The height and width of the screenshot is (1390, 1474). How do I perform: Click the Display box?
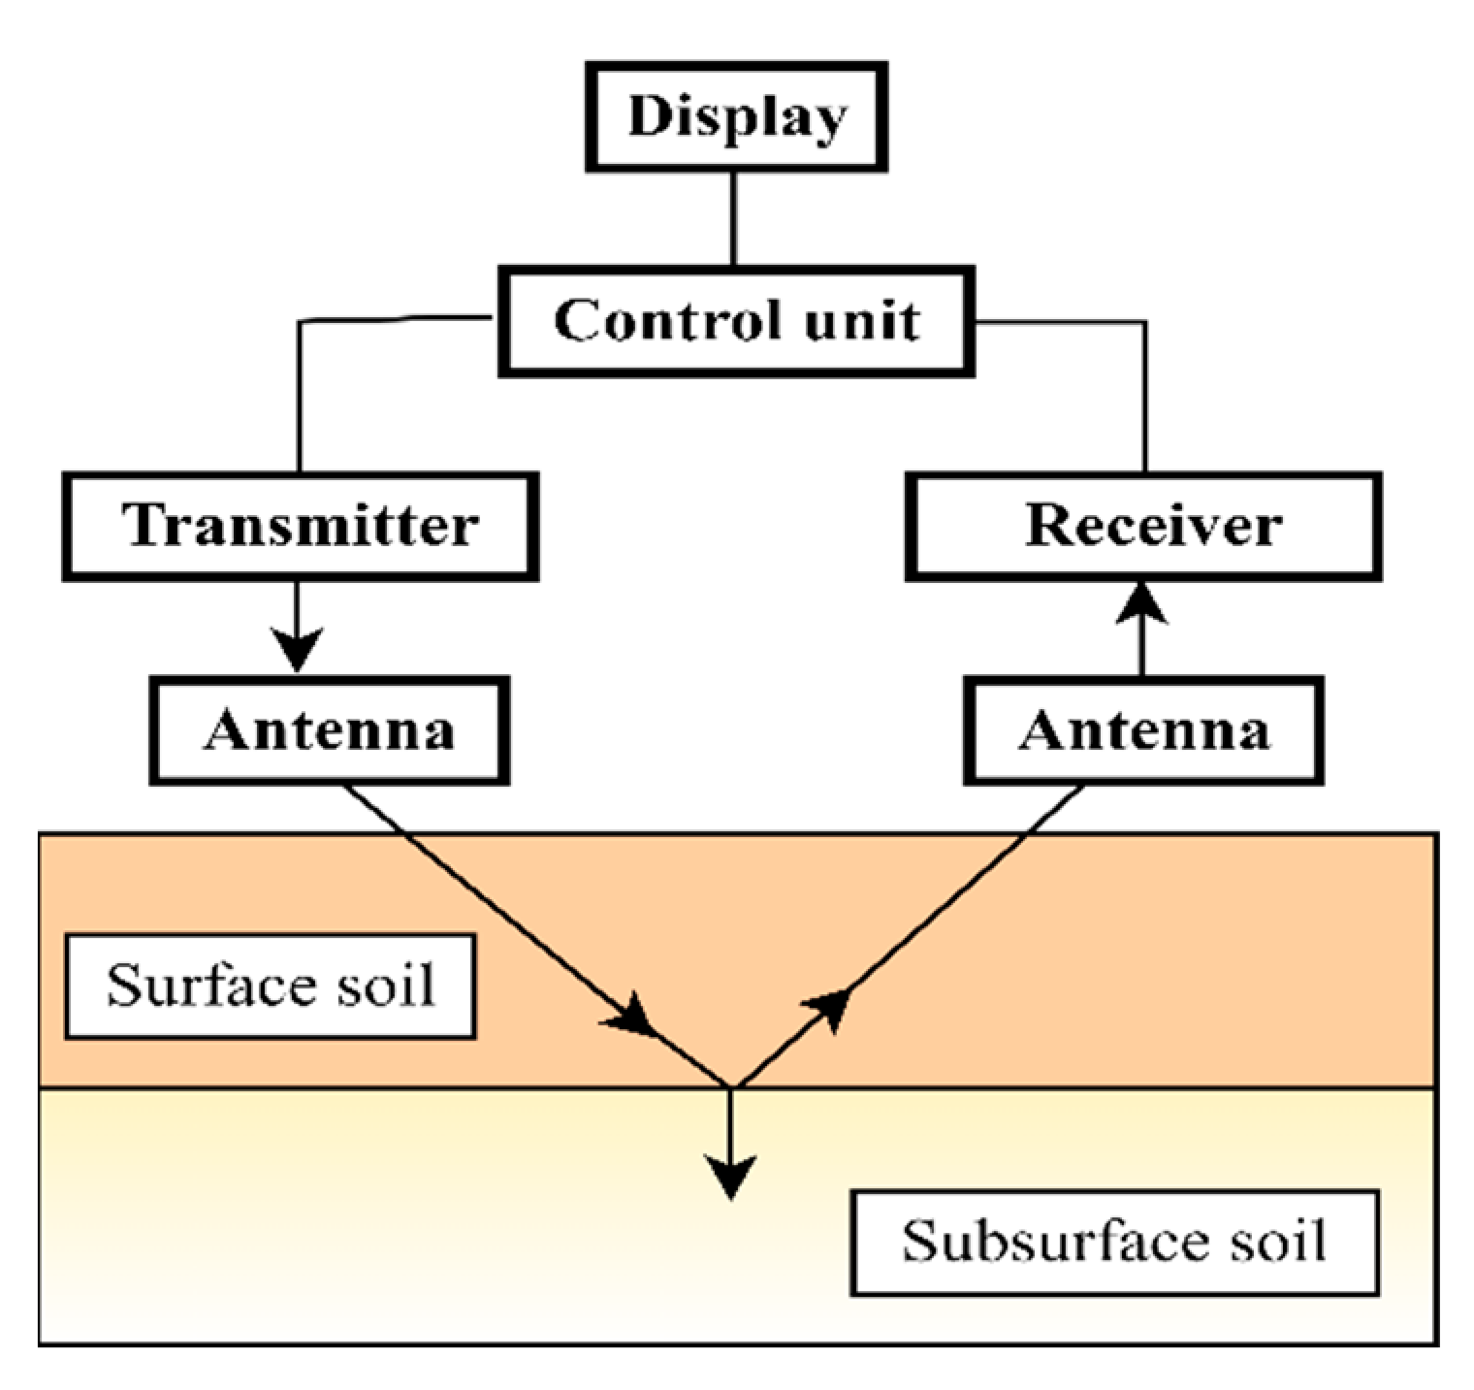point(736,117)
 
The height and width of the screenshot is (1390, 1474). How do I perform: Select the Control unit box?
point(736,321)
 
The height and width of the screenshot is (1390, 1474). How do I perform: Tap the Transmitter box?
point(300,527)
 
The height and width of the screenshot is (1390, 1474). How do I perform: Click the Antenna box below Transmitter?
point(329,730)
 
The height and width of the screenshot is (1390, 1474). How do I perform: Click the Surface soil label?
point(270,986)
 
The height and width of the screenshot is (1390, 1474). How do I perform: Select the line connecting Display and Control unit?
point(733,218)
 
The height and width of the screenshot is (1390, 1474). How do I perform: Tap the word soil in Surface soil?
point(385,986)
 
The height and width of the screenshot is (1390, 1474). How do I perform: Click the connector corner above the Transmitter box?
point(300,322)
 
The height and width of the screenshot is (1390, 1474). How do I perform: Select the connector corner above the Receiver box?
point(1145,323)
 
